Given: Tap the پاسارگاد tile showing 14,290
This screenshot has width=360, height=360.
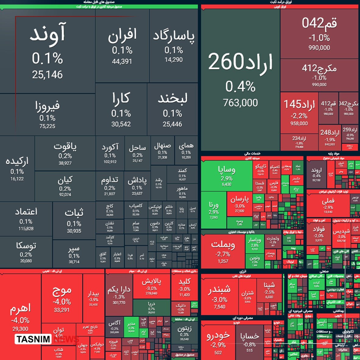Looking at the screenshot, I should (174, 46).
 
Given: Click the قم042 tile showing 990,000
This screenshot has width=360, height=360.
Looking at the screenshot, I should (319, 34).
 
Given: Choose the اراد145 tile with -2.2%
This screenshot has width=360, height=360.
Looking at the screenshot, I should (299, 113).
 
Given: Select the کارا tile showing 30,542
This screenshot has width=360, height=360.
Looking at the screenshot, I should (121, 110).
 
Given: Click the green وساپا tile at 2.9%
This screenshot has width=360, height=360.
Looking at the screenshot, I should (226, 175).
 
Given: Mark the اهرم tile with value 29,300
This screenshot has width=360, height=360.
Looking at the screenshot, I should (20, 317).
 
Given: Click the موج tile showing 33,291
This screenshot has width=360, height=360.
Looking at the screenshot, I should (62, 299).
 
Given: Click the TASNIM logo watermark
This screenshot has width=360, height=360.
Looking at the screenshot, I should (33, 339).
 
